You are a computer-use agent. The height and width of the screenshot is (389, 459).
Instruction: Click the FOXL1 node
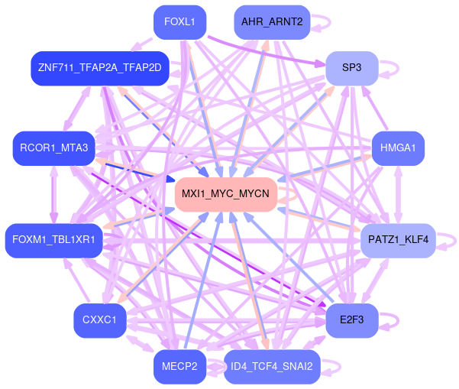(x=179, y=21)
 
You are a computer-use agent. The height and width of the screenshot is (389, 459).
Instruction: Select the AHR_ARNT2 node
(x=272, y=22)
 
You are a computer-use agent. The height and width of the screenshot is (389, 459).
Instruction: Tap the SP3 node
(x=351, y=68)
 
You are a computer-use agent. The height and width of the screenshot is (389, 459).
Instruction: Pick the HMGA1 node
(x=397, y=148)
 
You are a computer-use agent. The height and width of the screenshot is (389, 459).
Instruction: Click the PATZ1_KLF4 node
(x=397, y=240)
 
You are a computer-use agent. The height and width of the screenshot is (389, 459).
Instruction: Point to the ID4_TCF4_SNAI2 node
(x=271, y=366)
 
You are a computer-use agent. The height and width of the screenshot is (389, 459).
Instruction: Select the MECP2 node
(x=179, y=367)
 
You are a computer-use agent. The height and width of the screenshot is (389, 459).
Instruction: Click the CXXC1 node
(x=99, y=320)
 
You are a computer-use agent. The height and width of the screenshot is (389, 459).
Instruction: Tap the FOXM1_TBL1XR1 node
(x=53, y=240)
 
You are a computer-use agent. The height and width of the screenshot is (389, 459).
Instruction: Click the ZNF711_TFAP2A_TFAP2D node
(x=99, y=68)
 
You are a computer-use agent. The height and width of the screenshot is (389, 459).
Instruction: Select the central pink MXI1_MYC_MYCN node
(x=225, y=194)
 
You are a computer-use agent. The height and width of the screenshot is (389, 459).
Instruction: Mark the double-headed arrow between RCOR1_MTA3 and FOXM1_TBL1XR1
(x=53, y=194)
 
